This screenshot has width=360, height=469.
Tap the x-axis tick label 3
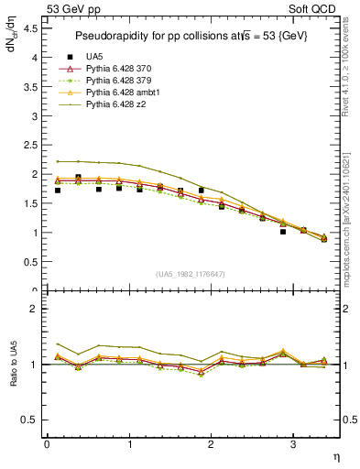coord(292,444)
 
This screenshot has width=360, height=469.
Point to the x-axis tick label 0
coord(47,444)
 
